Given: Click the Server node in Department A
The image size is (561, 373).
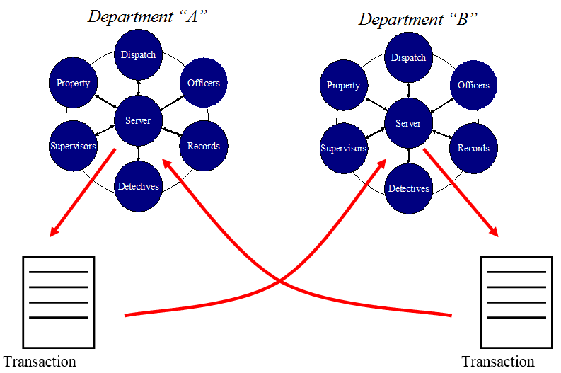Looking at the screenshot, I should tap(138, 120).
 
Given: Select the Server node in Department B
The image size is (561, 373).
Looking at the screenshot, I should tap(408, 124).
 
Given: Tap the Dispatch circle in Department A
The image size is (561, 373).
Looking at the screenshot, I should tap(138, 55).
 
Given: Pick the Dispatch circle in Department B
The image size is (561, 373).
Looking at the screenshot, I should tap(408, 58).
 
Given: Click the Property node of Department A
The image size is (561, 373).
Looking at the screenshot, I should tap(74, 83).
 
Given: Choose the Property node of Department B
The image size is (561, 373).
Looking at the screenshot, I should tap(344, 86).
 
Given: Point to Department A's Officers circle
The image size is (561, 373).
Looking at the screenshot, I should tap(203, 83).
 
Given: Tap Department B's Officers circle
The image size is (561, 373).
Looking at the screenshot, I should tap(473, 86).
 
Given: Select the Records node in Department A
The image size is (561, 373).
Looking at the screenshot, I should tap(203, 147).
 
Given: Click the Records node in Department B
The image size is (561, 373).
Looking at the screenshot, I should tap(473, 149).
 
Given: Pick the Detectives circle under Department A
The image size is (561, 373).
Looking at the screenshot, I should tap(138, 186).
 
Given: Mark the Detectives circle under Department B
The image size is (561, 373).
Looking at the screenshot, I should tap(408, 189).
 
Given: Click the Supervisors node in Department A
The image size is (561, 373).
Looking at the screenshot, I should tap(74, 147).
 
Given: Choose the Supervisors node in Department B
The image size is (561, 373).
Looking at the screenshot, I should tap(344, 149).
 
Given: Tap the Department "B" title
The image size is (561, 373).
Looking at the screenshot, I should tap(418, 19).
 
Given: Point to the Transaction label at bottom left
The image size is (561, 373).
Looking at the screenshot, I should tap(40, 362).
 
